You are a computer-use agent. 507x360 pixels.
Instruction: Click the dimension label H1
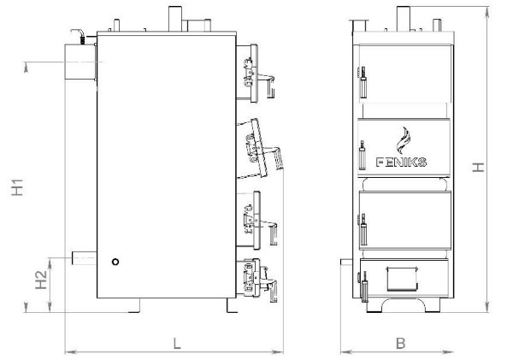17,187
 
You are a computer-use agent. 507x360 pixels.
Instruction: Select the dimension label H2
41,280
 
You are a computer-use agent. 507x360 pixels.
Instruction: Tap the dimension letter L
176,343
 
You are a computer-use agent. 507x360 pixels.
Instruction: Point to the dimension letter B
400,343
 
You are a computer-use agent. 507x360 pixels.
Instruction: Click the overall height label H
478,168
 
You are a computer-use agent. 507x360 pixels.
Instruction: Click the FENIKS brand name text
401,162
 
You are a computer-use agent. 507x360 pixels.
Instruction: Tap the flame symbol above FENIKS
404,140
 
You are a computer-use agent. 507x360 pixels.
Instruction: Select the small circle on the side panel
115,262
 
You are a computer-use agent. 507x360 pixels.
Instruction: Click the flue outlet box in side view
80,62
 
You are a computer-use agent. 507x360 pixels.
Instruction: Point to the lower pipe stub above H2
84,257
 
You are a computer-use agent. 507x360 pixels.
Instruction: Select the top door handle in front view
363,82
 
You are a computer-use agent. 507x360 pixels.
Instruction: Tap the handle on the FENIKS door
363,155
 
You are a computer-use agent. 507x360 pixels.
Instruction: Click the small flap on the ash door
402,279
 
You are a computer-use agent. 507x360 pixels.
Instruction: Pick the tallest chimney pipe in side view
175,19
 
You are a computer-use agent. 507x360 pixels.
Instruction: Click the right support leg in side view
232,305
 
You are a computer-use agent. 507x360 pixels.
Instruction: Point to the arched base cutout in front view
404,301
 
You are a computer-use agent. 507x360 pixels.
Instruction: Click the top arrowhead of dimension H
487,12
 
